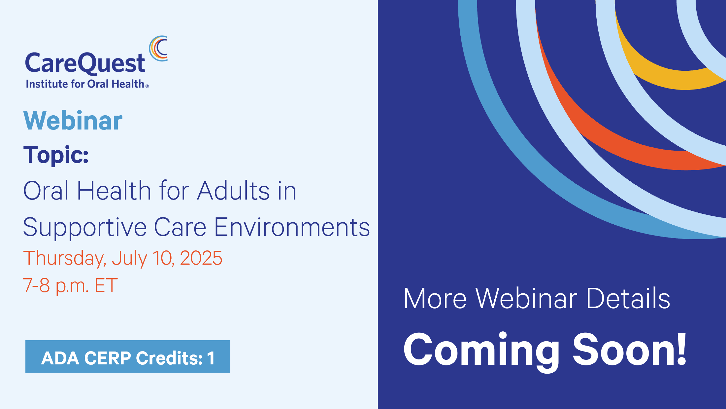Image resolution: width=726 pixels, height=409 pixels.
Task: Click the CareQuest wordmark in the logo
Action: click(85, 63)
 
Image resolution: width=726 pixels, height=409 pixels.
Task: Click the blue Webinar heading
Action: click(73, 121)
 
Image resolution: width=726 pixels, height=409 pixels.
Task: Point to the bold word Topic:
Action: click(56, 155)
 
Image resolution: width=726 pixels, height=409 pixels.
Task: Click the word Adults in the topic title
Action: click(233, 191)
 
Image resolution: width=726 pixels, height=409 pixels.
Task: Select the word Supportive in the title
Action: click(85, 228)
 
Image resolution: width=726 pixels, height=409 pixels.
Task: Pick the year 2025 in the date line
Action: click(201, 258)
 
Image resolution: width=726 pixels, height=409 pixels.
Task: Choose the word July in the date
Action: click(129, 259)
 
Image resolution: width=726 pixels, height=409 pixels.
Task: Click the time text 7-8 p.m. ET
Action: click(70, 286)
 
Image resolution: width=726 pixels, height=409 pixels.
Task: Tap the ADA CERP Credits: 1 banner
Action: click(128, 356)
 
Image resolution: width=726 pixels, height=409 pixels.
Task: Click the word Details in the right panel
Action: click(628, 298)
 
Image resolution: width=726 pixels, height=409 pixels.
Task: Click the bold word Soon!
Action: click(630, 349)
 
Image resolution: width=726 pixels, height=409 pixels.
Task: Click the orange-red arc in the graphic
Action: click(610, 142)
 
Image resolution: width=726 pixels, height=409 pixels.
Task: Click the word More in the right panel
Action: click(435, 298)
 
